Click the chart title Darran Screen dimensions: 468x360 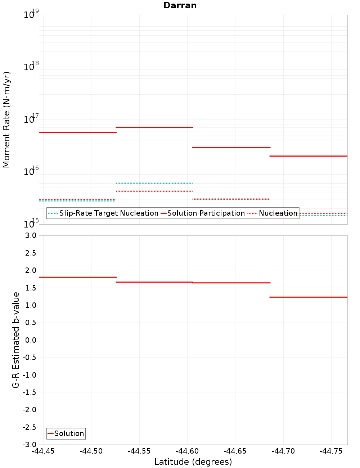point(180,5)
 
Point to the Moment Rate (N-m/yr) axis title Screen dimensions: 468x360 point(6,120)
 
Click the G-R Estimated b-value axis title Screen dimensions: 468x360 point(16,340)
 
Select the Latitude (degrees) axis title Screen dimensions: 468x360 point(193,462)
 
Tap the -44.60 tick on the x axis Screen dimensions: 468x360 point(187,451)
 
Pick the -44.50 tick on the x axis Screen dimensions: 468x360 point(91,451)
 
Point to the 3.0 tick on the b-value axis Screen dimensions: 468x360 point(30,235)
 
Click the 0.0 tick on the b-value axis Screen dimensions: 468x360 point(30,340)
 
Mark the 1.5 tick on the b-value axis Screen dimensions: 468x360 point(30,288)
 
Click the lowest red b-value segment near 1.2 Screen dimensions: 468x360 point(308,297)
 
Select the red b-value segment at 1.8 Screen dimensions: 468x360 point(77,277)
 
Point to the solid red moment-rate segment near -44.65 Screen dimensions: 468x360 point(231,148)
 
